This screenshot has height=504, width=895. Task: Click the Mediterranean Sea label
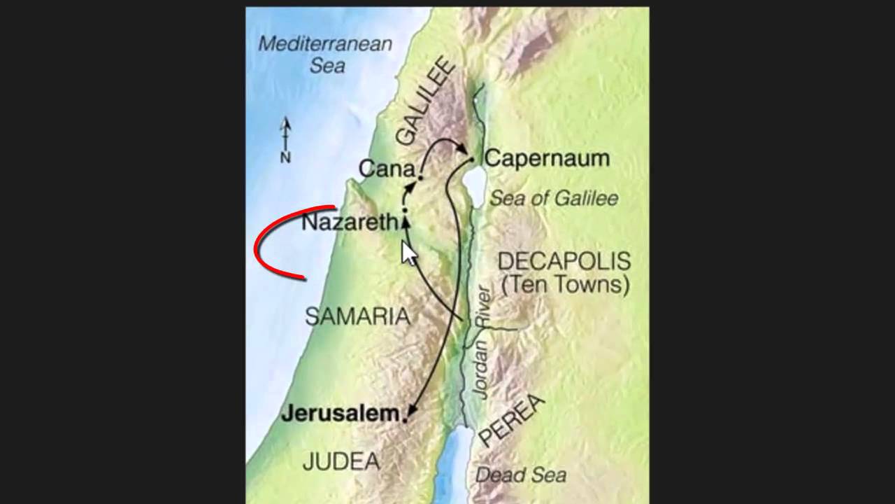pos(325,54)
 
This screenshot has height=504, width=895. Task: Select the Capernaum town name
pos(547,158)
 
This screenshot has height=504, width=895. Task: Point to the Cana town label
pos(386,169)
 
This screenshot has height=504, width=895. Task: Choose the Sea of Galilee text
pos(554,199)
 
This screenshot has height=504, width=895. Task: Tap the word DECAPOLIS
pos(564,262)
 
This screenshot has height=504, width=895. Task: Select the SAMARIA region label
pos(357,316)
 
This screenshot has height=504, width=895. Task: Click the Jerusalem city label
pos(340,413)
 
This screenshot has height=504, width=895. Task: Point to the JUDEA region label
pos(341,461)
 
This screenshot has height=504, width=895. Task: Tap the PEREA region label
pos(512,420)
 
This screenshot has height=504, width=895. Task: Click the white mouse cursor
pos(408,253)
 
